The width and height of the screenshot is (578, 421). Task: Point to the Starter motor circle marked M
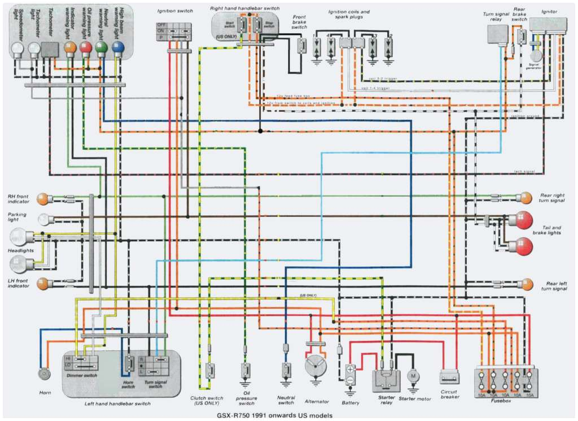click(413, 376)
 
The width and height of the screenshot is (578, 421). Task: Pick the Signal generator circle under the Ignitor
click(536, 55)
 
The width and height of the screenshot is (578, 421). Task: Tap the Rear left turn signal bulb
click(526, 284)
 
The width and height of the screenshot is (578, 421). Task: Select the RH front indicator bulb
click(42, 198)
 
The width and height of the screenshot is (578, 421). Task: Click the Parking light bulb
click(43, 219)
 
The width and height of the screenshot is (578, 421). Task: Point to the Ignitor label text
click(549, 11)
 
